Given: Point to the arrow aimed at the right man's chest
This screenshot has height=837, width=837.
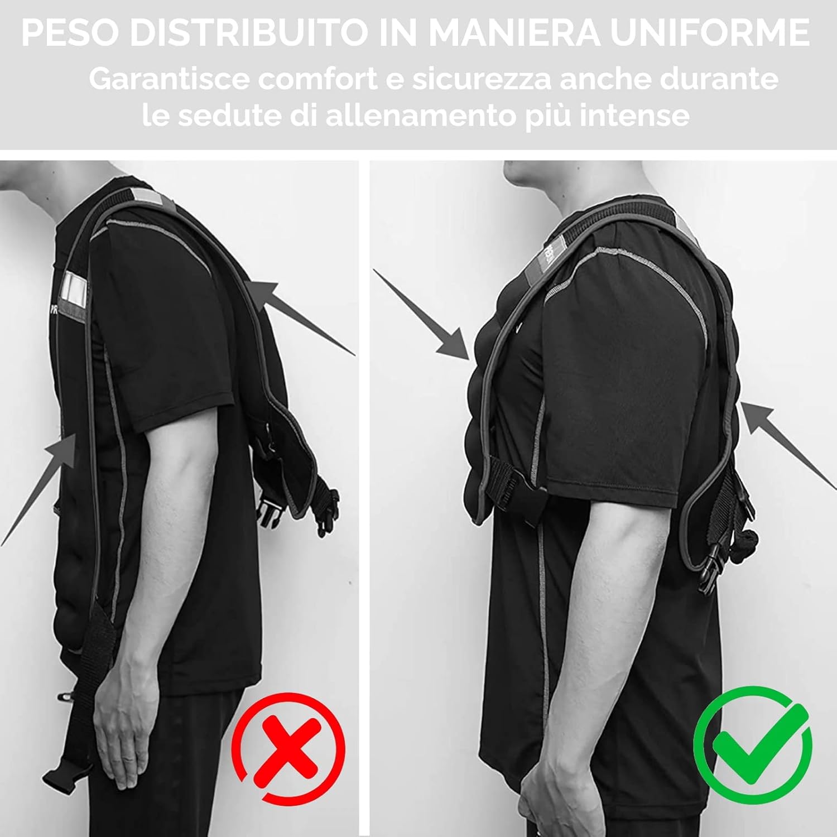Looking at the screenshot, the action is pyautogui.click(x=422, y=316).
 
